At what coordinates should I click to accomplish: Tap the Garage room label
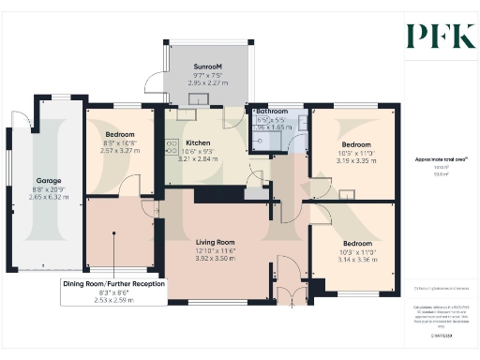[x=49, y=179]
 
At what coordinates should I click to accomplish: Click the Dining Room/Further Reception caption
[x=113, y=283]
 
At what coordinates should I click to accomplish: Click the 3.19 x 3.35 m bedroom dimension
[x=355, y=160]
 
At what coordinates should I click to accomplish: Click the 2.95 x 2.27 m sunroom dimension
[x=207, y=82]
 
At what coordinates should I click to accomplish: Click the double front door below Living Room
[x=298, y=297]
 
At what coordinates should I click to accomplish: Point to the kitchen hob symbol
[x=172, y=145]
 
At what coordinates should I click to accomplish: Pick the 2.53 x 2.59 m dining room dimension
[x=113, y=299]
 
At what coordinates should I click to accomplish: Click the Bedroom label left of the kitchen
[x=120, y=135]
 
